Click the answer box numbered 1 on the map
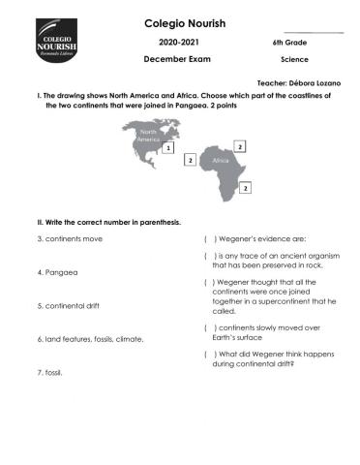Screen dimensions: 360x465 (168, 149)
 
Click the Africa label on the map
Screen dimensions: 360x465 (221, 161)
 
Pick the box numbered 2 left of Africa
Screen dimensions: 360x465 (191, 160)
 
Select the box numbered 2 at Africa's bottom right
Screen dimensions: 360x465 (246, 187)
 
